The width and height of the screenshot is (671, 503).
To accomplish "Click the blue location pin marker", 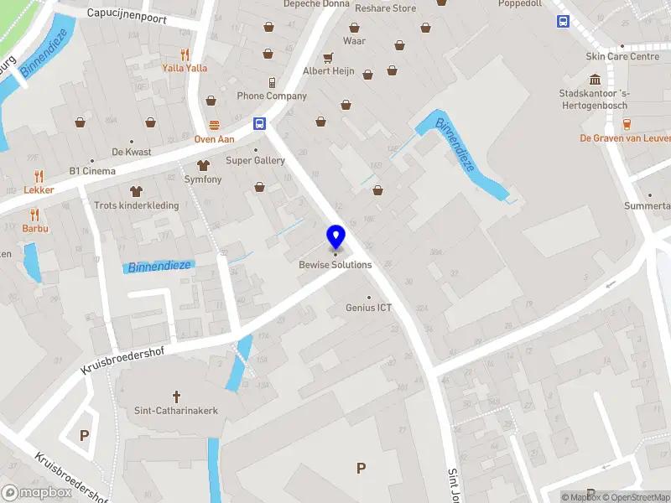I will [x=335, y=236].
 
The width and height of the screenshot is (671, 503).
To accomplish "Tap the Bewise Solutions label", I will [x=335, y=265].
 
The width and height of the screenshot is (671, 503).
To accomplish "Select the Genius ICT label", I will [x=368, y=308].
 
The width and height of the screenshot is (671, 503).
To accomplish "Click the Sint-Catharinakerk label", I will [x=176, y=411].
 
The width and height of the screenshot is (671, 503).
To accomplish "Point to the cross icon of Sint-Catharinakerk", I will [x=176, y=396].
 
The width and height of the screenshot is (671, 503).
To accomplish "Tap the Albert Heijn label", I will [x=328, y=71].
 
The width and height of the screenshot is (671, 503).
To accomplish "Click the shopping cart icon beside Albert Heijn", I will [x=328, y=57].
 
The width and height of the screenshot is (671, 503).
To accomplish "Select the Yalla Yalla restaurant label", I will [x=185, y=68].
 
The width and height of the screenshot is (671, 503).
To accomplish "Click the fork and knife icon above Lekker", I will [x=39, y=176].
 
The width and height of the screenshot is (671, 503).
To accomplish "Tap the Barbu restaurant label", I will [x=35, y=228].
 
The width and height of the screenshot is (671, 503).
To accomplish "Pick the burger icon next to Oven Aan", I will [x=214, y=125].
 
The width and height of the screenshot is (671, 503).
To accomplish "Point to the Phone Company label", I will [x=272, y=96].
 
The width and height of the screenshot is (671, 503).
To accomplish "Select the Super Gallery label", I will [x=256, y=160].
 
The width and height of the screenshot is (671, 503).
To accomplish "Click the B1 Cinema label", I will [x=92, y=171].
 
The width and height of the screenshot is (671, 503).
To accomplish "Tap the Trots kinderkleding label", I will [x=136, y=205].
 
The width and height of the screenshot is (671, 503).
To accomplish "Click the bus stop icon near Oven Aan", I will [x=260, y=123].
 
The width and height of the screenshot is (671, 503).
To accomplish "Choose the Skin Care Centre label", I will [x=622, y=57].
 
